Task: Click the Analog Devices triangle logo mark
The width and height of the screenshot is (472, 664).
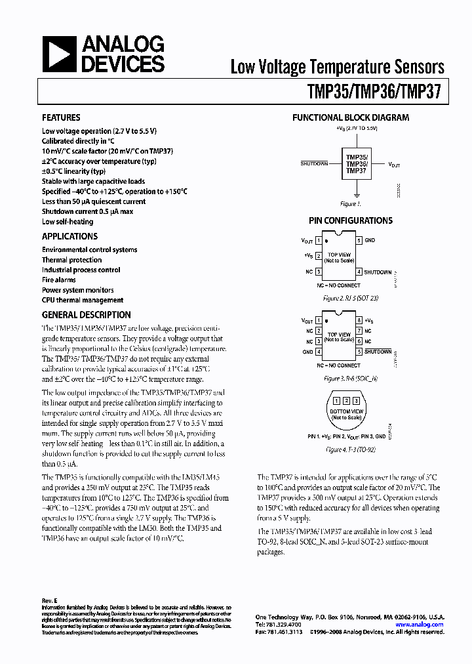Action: pos(60,54)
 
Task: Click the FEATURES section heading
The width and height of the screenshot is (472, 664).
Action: pos(61,118)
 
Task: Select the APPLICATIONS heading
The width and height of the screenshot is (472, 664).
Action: pos(69,237)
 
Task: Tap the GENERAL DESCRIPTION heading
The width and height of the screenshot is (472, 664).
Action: pos(87,315)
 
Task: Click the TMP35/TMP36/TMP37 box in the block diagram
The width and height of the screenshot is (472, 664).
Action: pos(356,164)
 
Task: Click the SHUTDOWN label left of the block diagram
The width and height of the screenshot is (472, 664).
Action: pos(314,163)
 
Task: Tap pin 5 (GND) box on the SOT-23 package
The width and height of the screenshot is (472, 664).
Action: pos(359,241)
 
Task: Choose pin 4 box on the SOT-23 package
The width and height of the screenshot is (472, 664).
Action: pos(359,272)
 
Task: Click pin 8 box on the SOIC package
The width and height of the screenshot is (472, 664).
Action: pos(359,320)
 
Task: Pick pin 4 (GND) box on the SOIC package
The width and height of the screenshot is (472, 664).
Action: pos(319,352)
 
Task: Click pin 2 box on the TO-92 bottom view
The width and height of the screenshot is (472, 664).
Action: pos(345,400)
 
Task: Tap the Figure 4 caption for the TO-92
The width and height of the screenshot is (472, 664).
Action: pos(350,450)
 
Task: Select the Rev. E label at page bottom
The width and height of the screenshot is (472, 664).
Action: pos(50,601)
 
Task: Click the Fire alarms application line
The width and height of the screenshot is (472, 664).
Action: pos(59,280)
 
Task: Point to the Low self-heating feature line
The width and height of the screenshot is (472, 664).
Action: pos(68,222)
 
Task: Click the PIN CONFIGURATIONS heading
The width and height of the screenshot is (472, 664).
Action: pos(351,221)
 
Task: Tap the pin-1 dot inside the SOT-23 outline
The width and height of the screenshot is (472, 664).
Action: pos(326,241)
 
